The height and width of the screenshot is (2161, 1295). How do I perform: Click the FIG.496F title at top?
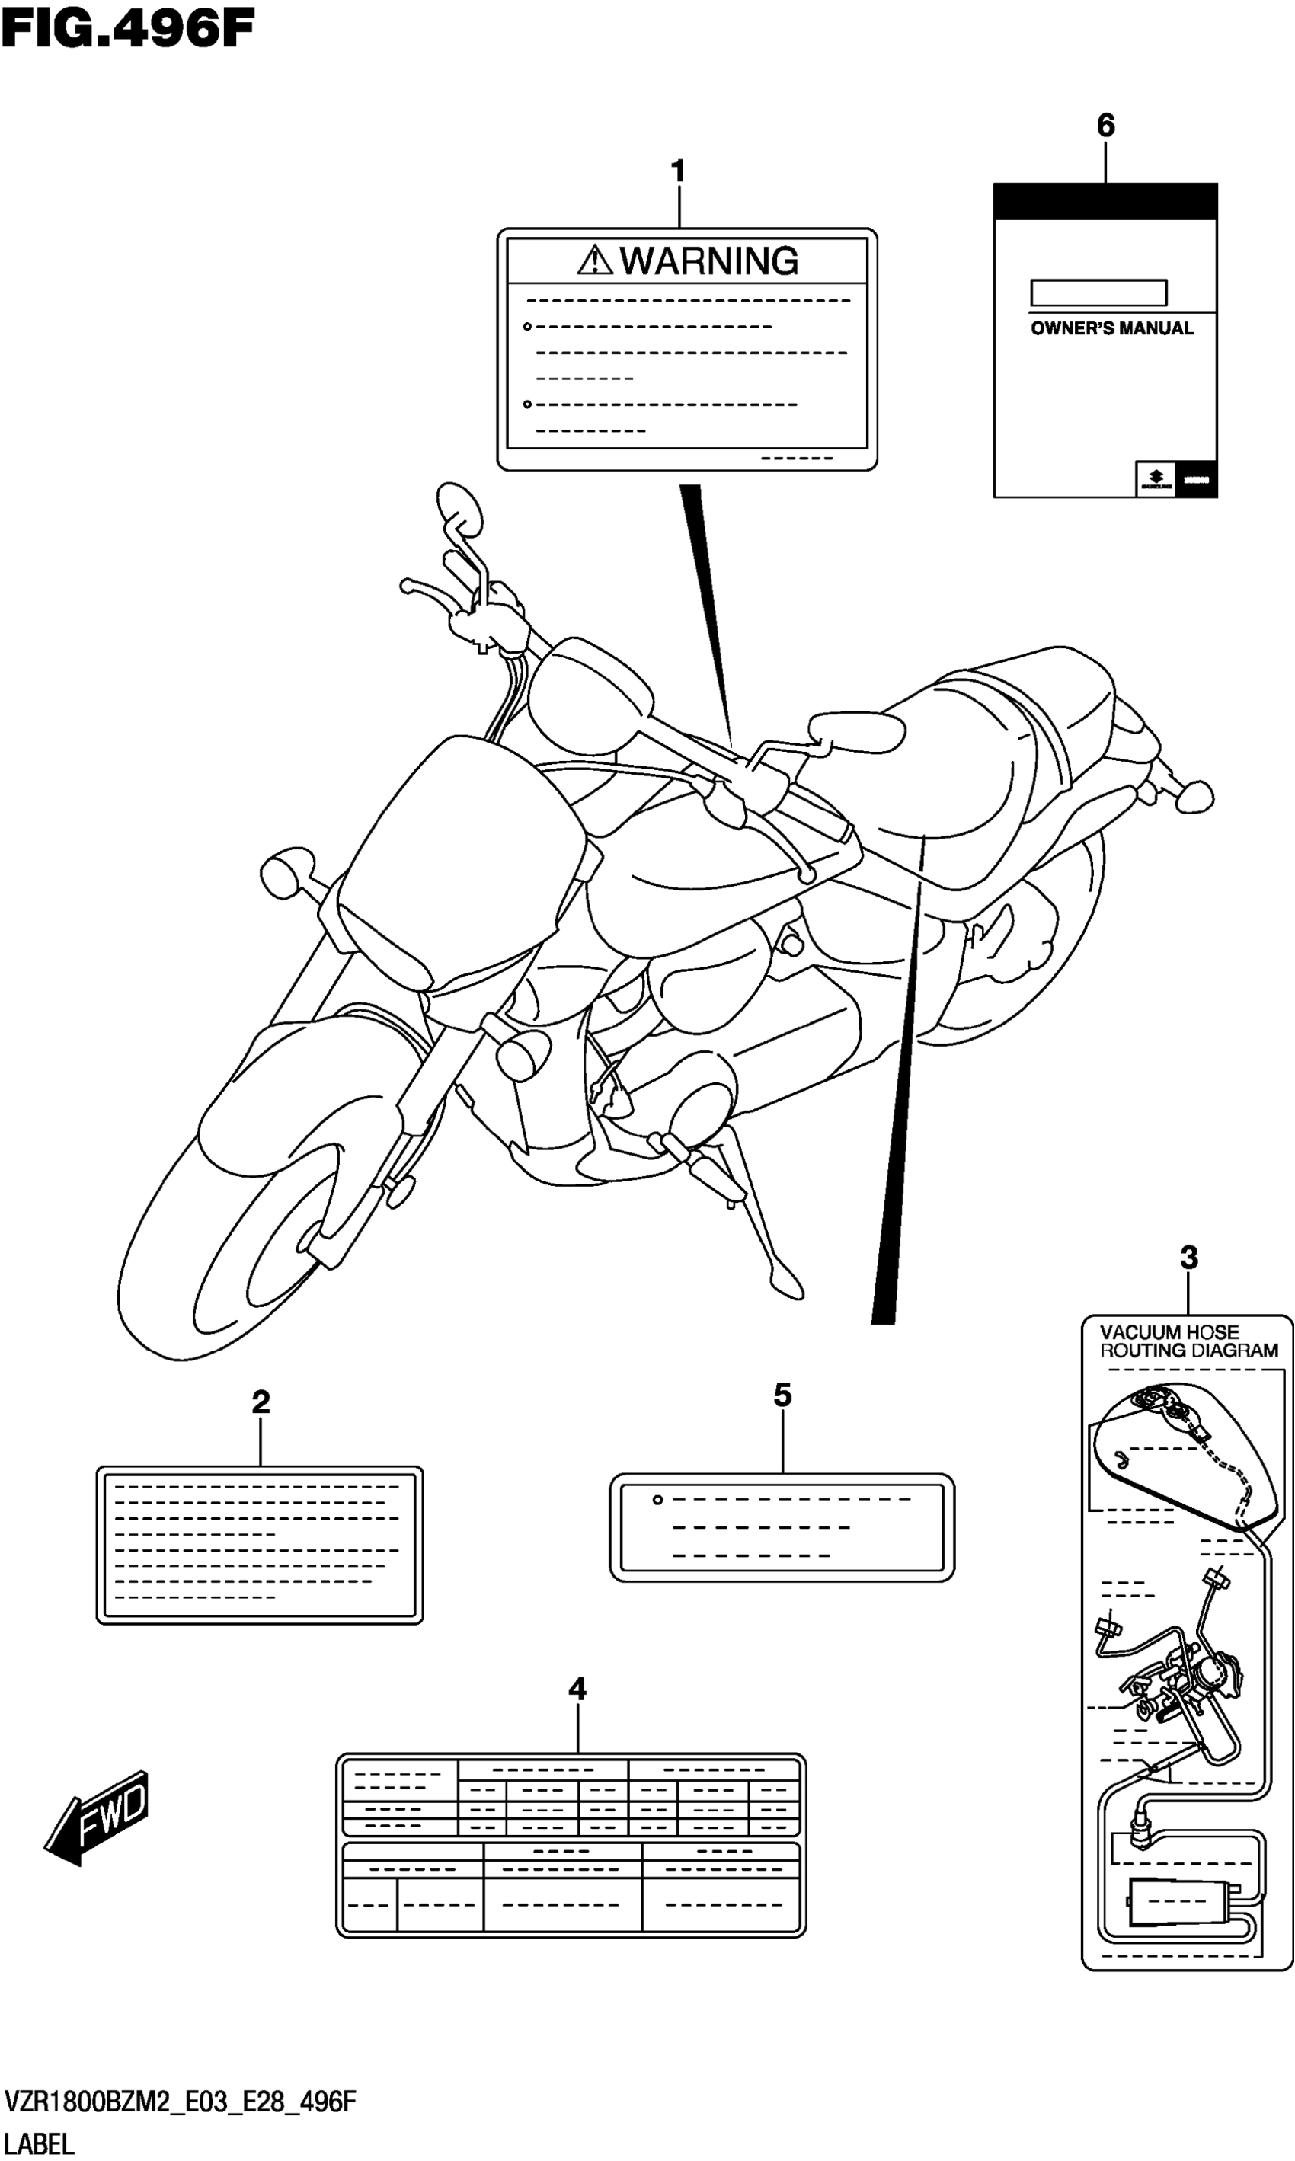point(127,30)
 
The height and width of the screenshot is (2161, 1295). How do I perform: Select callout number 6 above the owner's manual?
point(1105,126)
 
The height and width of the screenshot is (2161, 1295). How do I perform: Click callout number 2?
point(260,1402)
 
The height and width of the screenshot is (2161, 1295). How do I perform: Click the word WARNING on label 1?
point(708,261)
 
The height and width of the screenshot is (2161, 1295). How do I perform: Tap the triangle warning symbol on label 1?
point(595,260)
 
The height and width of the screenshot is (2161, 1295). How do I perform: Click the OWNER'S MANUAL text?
point(1111,329)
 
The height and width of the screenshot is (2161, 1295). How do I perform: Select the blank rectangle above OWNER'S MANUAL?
point(1098,293)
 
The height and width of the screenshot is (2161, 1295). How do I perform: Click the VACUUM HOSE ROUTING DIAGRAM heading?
point(1187,1342)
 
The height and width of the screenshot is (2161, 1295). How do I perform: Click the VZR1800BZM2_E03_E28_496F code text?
point(181,2102)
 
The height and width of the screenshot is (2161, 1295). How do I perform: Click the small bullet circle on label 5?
point(658,1500)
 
